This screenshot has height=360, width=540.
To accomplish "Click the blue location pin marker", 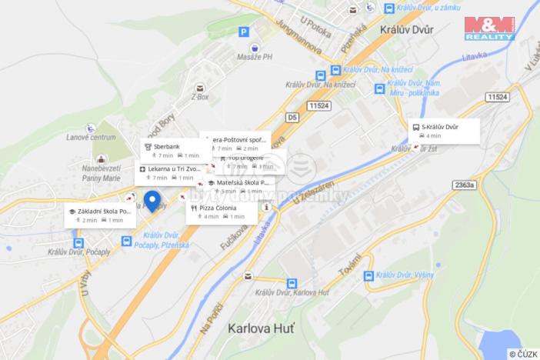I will click(152, 200).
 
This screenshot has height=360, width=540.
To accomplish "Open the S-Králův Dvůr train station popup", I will click(445, 131).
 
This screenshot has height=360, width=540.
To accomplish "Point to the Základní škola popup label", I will click(100, 215).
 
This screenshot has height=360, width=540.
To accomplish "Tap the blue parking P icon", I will click(244, 32).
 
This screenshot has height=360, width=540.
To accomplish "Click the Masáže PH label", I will click(255, 57).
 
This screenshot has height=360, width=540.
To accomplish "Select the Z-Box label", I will click(200, 97).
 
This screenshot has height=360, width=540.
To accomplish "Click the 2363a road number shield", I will click(464, 185).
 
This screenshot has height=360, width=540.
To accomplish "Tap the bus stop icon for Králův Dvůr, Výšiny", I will click(368, 275).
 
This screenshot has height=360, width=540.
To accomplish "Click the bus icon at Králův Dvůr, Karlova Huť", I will click(292, 283).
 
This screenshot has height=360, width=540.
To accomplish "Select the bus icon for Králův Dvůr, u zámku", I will click(390, 9).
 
